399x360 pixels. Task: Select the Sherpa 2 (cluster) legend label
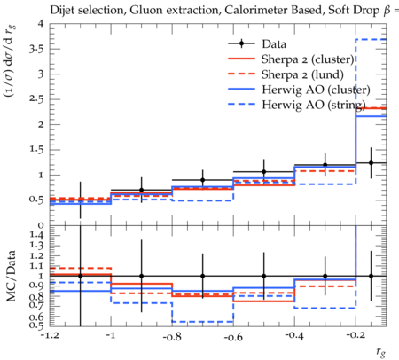[308, 59]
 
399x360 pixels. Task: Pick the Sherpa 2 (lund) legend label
[302, 74]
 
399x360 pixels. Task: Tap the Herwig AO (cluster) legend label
[316, 90]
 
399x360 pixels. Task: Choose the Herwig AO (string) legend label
[314, 105]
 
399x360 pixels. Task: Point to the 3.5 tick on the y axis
[36, 49]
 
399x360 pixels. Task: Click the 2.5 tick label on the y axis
[36, 99]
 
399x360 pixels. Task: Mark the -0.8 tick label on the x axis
[172, 337]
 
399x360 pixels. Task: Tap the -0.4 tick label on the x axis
[294, 336]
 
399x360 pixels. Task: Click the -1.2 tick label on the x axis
[50, 336]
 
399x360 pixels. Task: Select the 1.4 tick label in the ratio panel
[36, 236]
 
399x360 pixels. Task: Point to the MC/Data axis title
[11, 276]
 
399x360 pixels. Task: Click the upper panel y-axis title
[10, 61]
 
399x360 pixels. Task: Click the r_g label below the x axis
[381, 352]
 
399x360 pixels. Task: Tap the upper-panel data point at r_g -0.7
[203, 180]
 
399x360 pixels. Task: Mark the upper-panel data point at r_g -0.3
[325, 165]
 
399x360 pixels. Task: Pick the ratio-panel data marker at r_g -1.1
[80, 276]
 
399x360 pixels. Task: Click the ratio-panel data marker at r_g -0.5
[264, 276]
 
